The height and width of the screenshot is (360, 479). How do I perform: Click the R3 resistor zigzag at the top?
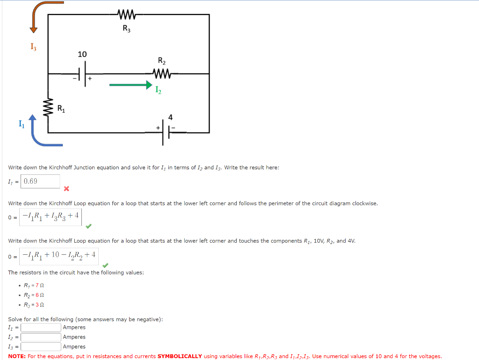pos(126,15)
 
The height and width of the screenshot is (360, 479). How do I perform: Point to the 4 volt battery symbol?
pos(166,132)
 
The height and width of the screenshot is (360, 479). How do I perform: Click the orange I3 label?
pos(33,47)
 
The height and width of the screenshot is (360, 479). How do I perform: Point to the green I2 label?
pos(159,91)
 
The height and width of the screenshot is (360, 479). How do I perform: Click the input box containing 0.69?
pos(40,181)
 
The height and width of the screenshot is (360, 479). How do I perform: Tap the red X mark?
pos(66,189)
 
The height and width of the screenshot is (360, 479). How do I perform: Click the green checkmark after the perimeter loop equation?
pos(88,226)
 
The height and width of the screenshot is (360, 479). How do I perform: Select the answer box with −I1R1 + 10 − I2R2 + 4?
pos(59,255)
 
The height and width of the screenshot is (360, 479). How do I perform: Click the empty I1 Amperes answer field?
pos(41,327)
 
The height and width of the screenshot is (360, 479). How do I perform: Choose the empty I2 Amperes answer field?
pos(41,337)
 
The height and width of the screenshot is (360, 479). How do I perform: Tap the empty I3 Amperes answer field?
pos(41,346)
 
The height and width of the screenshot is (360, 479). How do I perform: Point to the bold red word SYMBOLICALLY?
pos(180,356)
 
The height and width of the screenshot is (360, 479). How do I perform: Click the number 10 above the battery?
pos(82,54)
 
